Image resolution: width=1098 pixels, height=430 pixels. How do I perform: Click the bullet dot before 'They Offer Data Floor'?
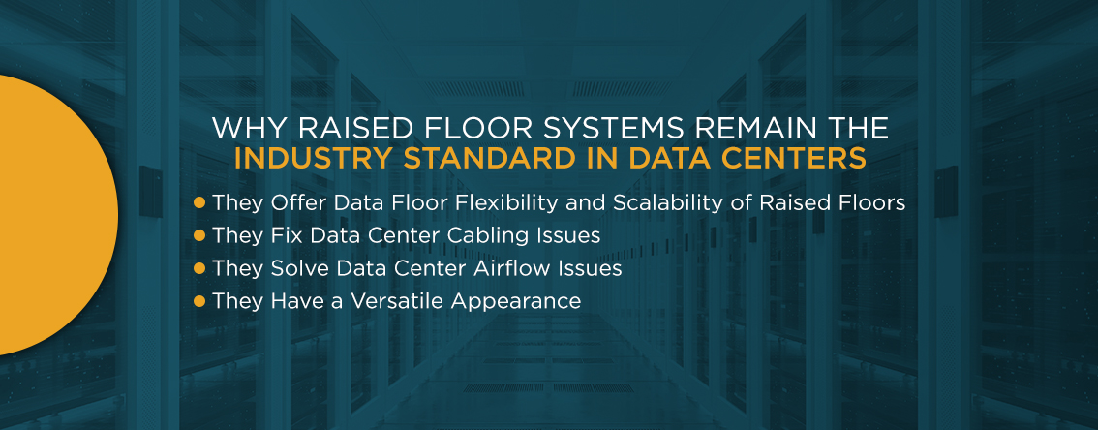198,203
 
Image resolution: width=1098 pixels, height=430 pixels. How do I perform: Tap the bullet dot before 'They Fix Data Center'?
198,236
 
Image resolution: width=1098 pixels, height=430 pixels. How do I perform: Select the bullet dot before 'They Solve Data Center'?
198,268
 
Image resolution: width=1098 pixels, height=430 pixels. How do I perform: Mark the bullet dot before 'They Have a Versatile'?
198,301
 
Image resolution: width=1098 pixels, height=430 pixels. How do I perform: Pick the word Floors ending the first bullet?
874,203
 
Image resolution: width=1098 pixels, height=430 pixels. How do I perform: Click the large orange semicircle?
49,214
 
